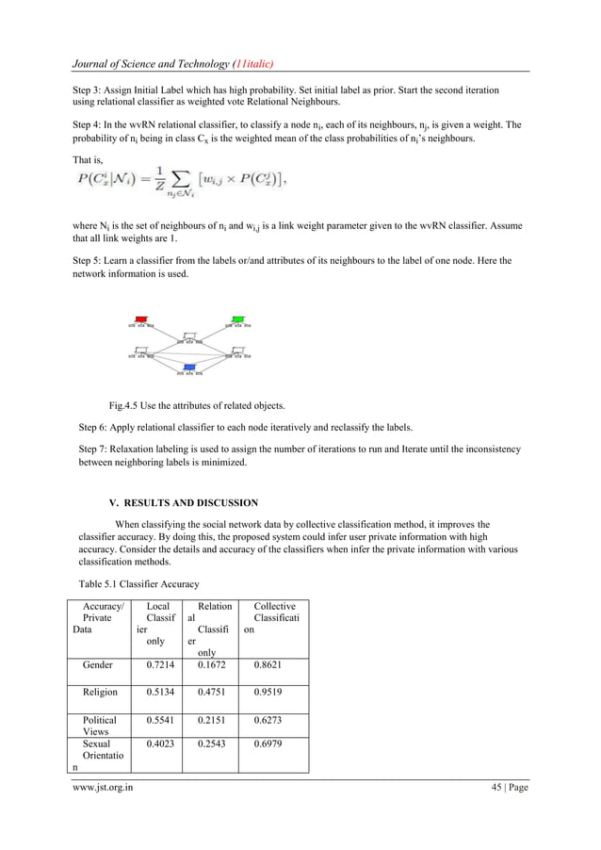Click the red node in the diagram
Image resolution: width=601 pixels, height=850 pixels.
coord(142,319)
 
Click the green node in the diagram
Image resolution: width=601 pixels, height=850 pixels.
coord(238,319)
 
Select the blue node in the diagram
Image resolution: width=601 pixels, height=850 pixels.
coord(190,367)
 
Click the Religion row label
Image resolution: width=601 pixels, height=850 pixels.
coord(101,692)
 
